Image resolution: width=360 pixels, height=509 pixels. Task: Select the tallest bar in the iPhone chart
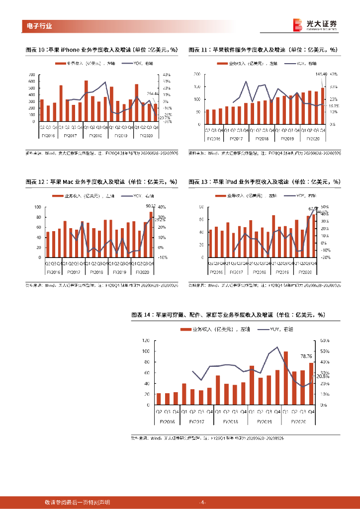86,101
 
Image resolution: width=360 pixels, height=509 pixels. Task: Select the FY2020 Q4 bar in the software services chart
322,105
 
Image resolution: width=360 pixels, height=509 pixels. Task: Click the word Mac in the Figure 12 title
68,182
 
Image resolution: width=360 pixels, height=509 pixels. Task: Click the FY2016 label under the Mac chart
53,272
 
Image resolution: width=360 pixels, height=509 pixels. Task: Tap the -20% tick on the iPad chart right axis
326,257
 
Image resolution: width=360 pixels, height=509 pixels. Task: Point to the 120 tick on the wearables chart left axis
146,340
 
